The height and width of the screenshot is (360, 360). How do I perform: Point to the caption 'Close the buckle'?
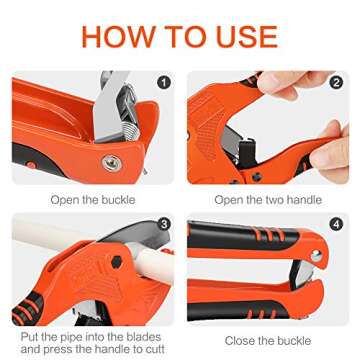269,340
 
